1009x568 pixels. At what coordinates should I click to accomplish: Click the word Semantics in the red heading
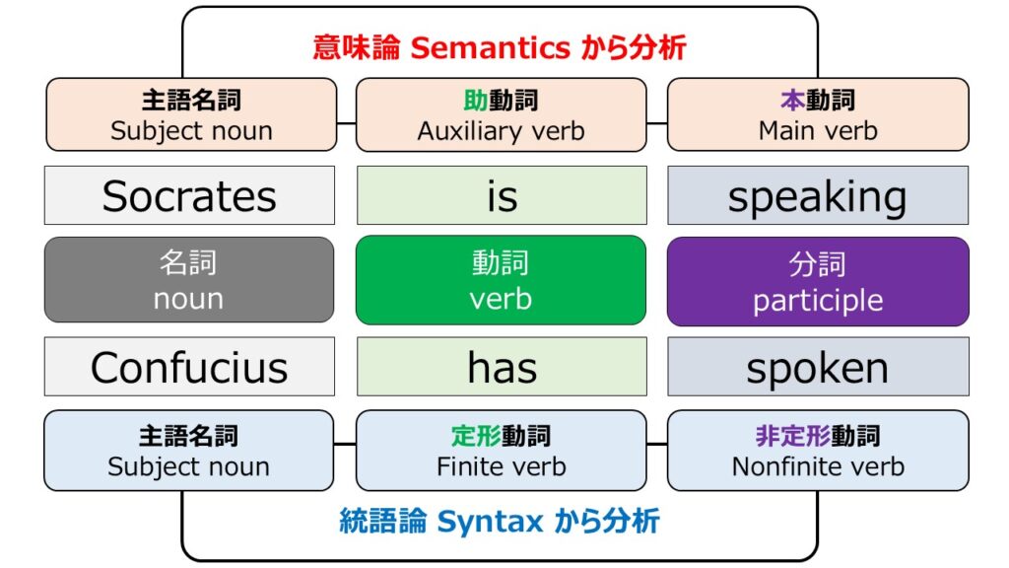pyautogui.click(x=490, y=47)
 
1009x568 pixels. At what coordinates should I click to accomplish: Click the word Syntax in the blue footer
pyautogui.click(x=490, y=521)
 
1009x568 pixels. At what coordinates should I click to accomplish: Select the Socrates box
pyautogui.click(x=189, y=195)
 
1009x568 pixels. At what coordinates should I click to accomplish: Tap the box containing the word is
pyautogui.click(x=502, y=195)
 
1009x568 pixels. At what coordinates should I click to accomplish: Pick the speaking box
pyautogui.click(x=818, y=195)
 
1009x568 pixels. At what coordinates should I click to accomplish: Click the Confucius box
pyautogui.click(x=189, y=367)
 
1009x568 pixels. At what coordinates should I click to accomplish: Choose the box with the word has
pyautogui.click(x=502, y=367)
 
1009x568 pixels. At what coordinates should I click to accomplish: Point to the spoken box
pyautogui.click(x=818, y=367)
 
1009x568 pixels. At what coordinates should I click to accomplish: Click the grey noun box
pyautogui.click(x=189, y=279)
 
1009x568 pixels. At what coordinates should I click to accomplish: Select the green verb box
pyautogui.click(x=501, y=279)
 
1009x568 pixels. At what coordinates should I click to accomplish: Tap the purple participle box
pyautogui.click(x=818, y=281)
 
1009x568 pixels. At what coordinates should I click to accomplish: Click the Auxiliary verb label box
pyautogui.click(x=501, y=114)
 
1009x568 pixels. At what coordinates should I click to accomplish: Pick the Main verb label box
pyautogui.click(x=818, y=114)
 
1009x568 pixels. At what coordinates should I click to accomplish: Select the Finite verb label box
pyautogui.click(x=501, y=450)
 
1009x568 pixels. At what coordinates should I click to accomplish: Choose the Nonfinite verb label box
pyautogui.click(x=818, y=450)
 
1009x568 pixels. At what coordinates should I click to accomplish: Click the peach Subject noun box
pyautogui.click(x=191, y=114)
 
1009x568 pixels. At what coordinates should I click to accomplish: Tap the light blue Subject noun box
pyautogui.click(x=188, y=450)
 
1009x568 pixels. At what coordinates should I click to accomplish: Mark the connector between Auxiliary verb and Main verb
pyautogui.click(x=657, y=123)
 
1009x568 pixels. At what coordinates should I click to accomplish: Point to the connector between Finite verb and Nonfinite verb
pyautogui.click(x=657, y=444)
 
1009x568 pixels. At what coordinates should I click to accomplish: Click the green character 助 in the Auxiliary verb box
pyautogui.click(x=476, y=101)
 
